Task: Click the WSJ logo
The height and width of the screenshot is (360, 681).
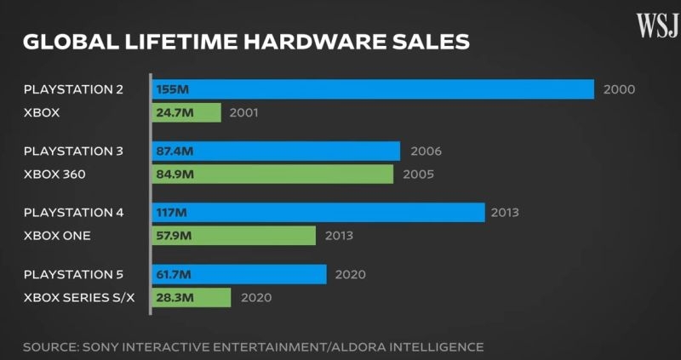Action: (656, 26)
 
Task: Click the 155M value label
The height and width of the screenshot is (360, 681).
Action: (173, 89)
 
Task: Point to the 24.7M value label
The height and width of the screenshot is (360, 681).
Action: (177, 112)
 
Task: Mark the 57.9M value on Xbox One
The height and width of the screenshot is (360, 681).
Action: (177, 235)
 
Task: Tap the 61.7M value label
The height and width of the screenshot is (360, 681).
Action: (176, 274)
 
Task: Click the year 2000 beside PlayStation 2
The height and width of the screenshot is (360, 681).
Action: (619, 89)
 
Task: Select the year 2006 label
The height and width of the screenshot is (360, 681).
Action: (426, 151)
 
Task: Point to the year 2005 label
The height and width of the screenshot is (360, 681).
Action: (418, 174)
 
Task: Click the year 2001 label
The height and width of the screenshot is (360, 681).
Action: (243, 112)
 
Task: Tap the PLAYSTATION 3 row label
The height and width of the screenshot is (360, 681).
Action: (73, 151)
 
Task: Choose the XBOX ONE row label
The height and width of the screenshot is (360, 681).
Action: (57, 235)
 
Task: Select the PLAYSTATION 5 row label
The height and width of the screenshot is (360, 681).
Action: (73, 274)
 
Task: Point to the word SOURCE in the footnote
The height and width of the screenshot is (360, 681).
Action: (50, 346)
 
